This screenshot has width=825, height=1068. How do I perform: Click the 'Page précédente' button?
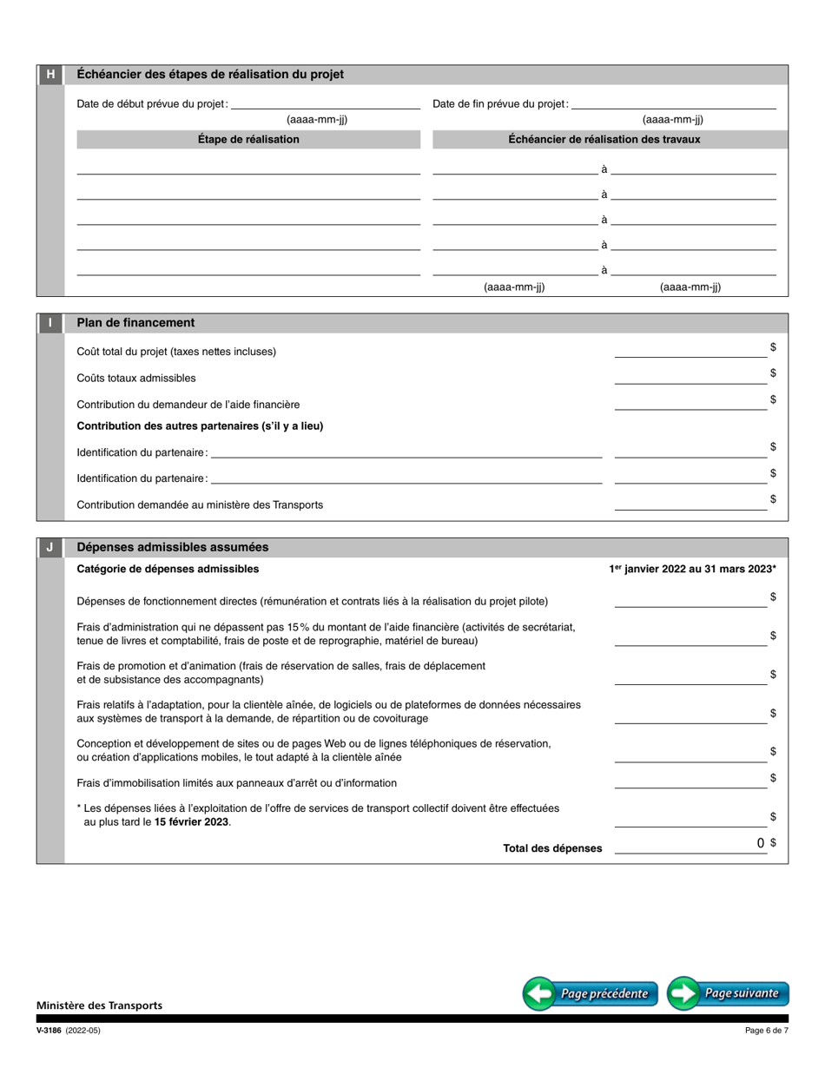pos(591,993)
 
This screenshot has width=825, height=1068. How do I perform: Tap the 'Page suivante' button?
pos(729,993)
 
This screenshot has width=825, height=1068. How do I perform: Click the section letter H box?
pos(50,75)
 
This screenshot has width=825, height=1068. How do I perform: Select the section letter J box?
pos(50,547)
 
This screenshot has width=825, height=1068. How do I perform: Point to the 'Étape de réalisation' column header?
pos(248,139)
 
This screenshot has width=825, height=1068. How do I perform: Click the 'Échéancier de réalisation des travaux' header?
pos(604,139)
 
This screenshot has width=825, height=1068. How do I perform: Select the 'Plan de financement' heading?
pos(135,323)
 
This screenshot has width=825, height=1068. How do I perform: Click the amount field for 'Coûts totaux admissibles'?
pos(690,377)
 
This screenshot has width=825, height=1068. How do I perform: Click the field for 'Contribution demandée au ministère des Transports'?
pos(690,504)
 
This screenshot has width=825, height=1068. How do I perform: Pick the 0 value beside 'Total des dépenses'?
pos(760,843)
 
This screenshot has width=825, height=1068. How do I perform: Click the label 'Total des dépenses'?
pos(552,848)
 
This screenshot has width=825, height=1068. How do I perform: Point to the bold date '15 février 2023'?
pos(192,821)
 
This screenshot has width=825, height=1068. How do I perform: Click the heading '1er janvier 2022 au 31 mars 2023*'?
pos(692,570)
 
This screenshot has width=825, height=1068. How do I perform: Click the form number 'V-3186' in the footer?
pos(49,1031)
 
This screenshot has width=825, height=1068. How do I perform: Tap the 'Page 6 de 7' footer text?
pos(767,1031)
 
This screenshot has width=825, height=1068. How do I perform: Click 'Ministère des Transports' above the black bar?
pos(99,1005)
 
